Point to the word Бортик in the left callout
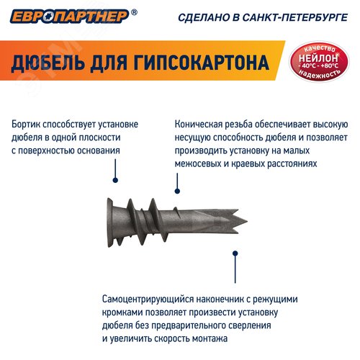(x=27, y=123)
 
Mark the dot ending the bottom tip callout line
(x=233, y=253)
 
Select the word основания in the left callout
(x=96, y=150)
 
